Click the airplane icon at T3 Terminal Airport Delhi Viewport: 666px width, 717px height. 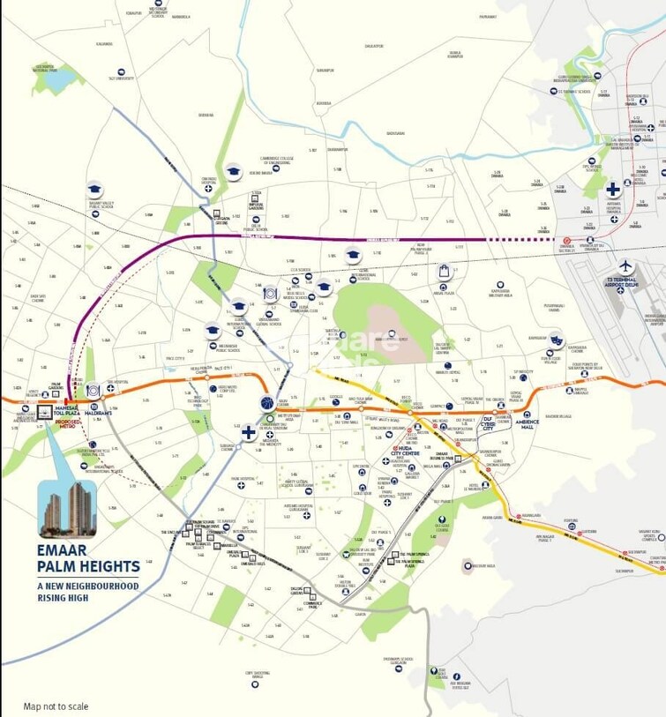[x=626, y=266]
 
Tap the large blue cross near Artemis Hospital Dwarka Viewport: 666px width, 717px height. [x=612, y=190]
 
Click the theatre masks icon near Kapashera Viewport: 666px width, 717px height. [x=556, y=339]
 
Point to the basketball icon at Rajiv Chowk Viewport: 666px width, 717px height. [x=267, y=403]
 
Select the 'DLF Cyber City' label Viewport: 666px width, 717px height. [x=488, y=423]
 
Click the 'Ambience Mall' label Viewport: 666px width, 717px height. [x=528, y=423]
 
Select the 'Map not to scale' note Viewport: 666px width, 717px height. [x=56, y=706]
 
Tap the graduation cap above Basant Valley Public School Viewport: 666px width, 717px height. [x=94, y=189]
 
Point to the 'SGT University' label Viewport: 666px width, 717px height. [x=122, y=78]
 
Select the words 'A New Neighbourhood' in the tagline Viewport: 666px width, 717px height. [x=86, y=586]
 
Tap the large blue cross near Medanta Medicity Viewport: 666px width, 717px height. [x=249, y=432]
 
